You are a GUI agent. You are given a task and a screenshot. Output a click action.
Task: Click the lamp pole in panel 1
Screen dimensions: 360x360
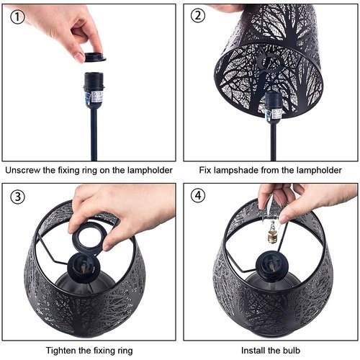pos(93,133)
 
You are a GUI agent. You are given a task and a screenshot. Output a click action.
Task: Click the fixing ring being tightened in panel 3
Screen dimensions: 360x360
pos(89,235)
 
